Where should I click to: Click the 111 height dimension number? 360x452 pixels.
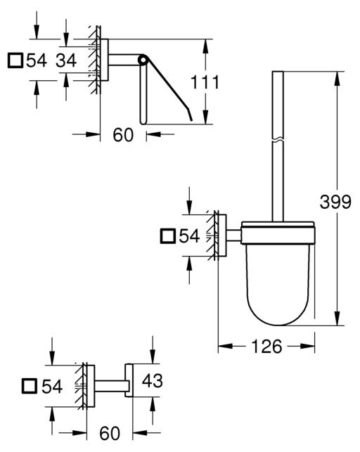[x=205, y=82]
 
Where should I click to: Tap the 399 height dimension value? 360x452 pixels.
[x=335, y=202]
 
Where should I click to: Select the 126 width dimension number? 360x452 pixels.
[x=266, y=347]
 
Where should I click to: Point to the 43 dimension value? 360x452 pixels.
[x=152, y=380]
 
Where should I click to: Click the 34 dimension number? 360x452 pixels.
[x=66, y=60]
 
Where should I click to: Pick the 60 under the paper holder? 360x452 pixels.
[x=123, y=135]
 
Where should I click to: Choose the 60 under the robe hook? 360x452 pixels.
[x=110, y=433]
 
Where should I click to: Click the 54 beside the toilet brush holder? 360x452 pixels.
[x=189, y=236]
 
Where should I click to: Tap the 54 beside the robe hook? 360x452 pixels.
[x=52, y=387]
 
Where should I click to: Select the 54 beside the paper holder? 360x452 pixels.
[x=37, y=60]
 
